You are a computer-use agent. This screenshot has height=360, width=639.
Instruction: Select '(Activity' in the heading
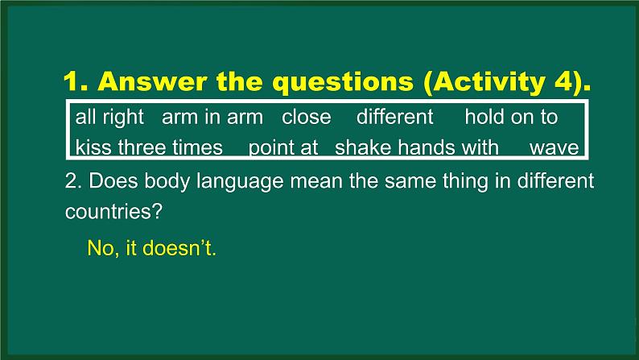point(467,83)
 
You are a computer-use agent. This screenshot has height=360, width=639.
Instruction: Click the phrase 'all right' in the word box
point(109,117)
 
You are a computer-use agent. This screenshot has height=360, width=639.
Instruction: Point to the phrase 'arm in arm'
point(212,117)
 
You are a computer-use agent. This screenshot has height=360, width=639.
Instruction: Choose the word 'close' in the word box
point(307,117)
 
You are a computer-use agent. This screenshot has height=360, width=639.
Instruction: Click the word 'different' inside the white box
point(394,117)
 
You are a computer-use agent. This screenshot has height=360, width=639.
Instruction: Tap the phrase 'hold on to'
point(511,117)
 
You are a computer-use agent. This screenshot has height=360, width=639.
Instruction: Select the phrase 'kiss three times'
point(149,147)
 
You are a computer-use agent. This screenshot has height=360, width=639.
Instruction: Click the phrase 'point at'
point(284,147)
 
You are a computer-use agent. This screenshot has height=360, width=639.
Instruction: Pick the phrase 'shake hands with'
point(417,147)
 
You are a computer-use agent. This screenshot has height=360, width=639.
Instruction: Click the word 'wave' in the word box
point(554,147)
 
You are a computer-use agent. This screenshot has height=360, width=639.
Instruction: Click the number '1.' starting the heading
point(79,83)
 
